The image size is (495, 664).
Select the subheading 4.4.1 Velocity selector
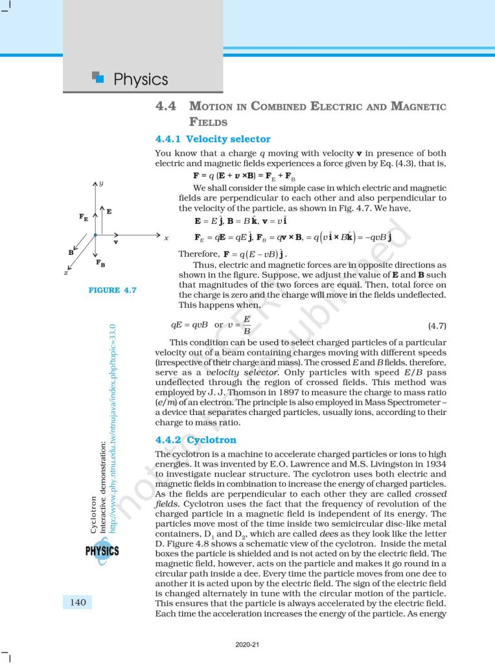point(213,139)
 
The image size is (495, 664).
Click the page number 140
point(78,602)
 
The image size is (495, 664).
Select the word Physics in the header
point(141,80)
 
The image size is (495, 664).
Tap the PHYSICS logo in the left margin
point(102,551)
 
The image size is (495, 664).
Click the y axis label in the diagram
point(101,184)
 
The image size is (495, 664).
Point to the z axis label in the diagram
point(66,273)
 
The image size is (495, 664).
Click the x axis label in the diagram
point(167,237)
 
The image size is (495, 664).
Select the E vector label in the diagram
point(109,211)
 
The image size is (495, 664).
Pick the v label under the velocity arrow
point(115,243)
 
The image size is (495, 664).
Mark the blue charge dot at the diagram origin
point(95,234)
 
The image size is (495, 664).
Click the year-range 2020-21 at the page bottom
point(247,645)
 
